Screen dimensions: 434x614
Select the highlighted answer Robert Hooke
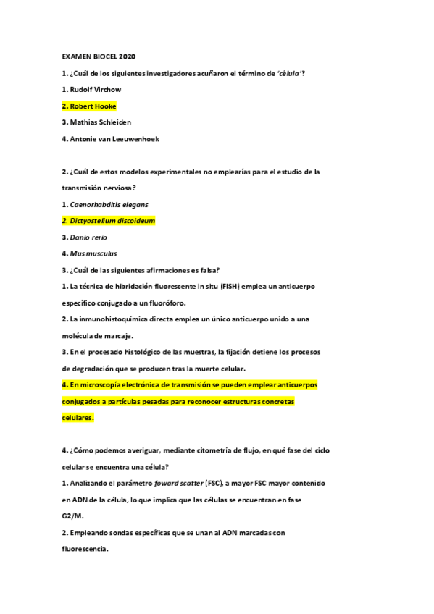pos(89,106)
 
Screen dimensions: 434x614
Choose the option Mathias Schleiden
pos(96,122)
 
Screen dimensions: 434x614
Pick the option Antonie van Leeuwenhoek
pos(109,138)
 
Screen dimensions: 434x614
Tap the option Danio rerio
pos(85,237)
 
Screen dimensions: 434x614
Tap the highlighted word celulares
pos(78,418)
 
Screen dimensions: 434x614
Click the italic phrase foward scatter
pos(177,483)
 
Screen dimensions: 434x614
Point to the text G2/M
pos(72,516)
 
